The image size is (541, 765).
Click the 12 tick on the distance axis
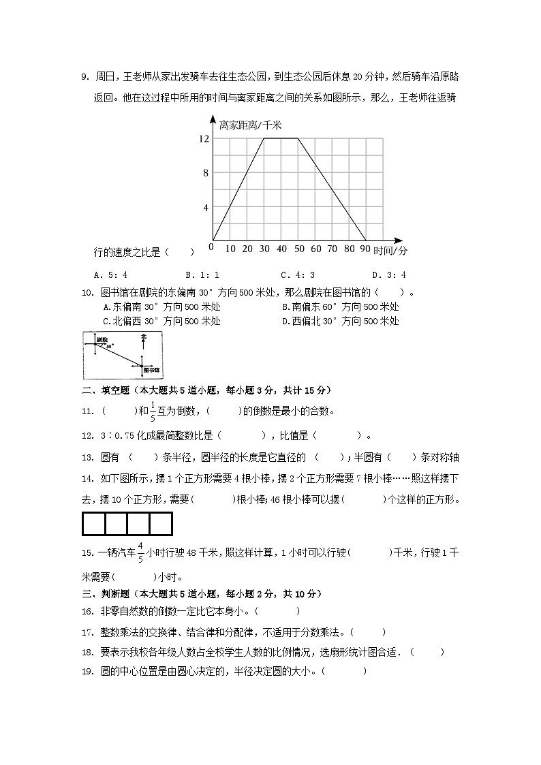(204, 139)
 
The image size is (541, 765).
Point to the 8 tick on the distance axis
(205, 173)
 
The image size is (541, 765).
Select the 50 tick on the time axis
(298, 249)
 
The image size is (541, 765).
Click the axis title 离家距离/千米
(251, 124)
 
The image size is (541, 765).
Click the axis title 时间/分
(390, 251)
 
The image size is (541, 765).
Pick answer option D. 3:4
(389, 275)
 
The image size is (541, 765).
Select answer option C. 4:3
(298, 275)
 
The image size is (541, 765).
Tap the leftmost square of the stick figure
(93, 524)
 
